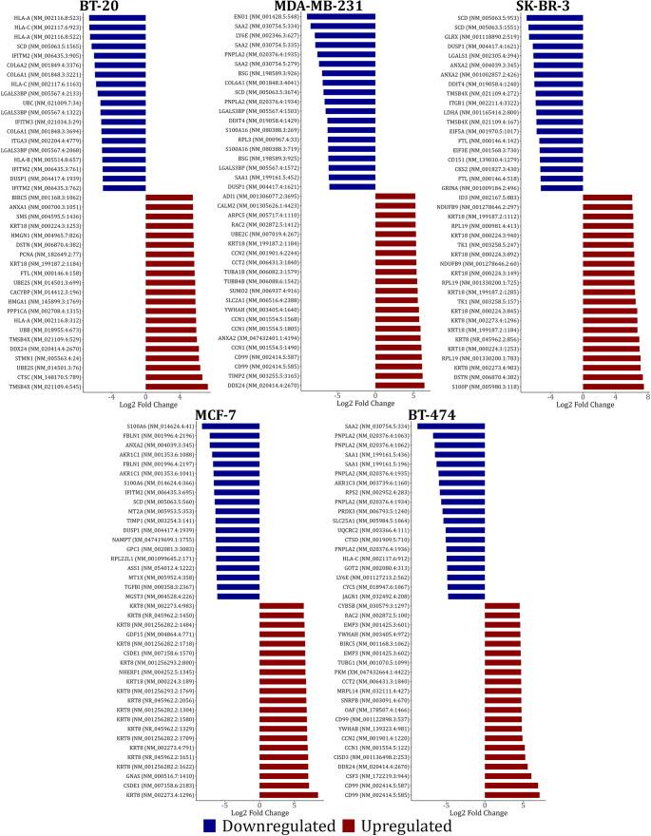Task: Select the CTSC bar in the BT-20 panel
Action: [174, 378]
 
